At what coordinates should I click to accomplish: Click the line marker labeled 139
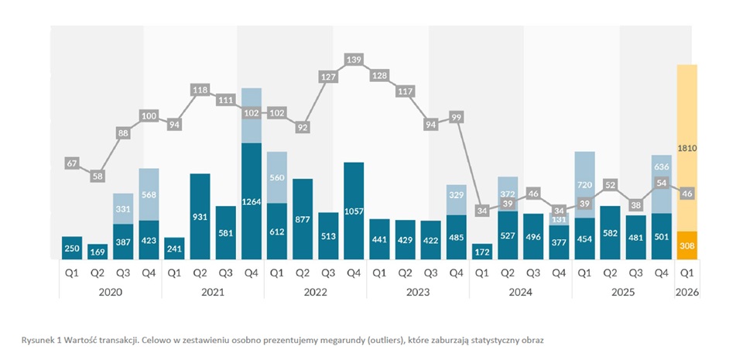pyautogui.click(x=354, y=60)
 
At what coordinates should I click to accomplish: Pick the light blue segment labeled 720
pyautogui.click(x=584, y=184)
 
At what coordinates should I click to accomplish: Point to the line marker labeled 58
pyautogui.click(x=98, y=177)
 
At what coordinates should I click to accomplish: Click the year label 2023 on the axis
pyautogui.click(x=418, y=293)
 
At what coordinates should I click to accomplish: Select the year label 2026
pyautogui.click(x=687, y=293)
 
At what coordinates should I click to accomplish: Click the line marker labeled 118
pyautogui.click(x=200, y=91)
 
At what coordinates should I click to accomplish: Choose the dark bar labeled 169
pyautogui.click(x=98, y=252)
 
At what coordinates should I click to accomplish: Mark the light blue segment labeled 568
pyautogui.click(x=149, y=194)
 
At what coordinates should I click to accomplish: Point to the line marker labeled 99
pyautogui.click(x=457, y=117)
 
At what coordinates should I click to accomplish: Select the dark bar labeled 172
pyautogui.click(x=482, y=252)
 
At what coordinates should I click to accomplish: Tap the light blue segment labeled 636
pyautogui.click(x=662, y=166)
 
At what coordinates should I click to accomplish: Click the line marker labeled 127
pyautogui.click(x=328, y=77)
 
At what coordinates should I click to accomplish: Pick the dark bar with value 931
pyautogui.click(x=200, y=217)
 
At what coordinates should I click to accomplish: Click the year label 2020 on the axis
pyautogui.click(x=111, y=293)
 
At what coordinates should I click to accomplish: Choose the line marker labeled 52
pyautogui.click(x=611, y=185)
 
